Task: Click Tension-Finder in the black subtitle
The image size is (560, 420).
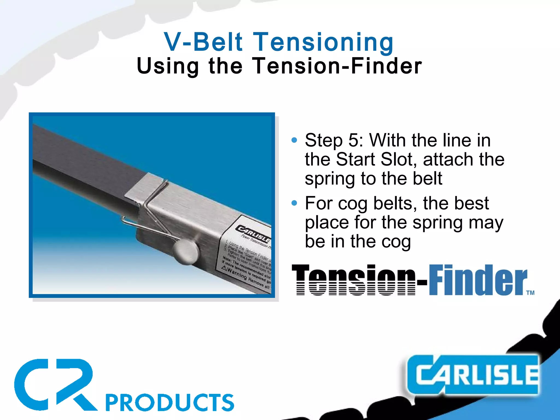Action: pyautogui.click(x=337, y=66)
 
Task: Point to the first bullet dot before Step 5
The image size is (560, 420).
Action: pyautogui.click(x=294, y=141)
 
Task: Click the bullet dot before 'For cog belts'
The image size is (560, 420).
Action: pyautogui.click(x=294, y=203)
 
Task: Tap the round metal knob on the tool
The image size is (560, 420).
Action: pyautogui.click(x=186, y=252)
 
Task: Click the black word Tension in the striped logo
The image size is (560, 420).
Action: pyautogui.click(x=353, y=280)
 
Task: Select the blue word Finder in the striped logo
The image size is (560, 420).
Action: pyautogui.click(x=477, y=280)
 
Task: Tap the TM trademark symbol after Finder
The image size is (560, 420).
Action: pyautogui.click(x=530, y=293)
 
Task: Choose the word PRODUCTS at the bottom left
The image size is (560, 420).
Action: pyautogui.click(x=170, y=402)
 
